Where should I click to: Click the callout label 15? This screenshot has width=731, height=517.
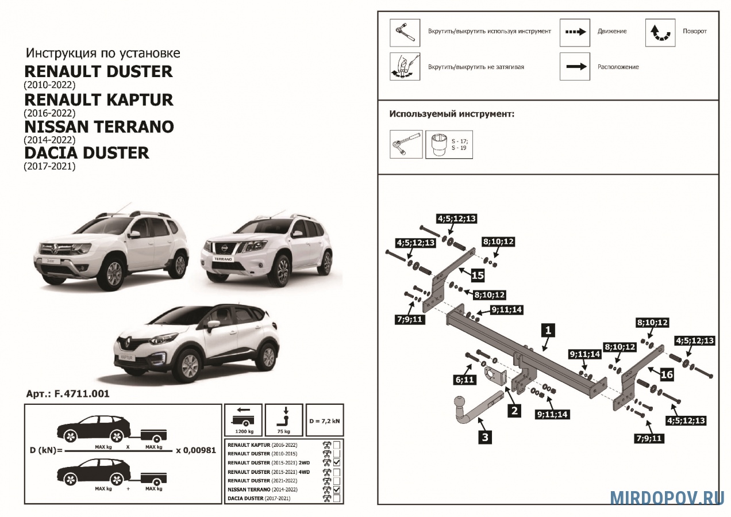[478, 275]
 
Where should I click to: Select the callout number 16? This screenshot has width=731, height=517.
[666, 374]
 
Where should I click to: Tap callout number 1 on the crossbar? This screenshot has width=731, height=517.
[548, 330]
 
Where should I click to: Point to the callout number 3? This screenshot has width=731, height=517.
[485, 437]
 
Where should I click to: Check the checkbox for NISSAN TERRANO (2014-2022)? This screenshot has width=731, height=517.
[337, 489]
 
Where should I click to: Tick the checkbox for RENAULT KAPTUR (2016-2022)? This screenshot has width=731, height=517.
[337, 445]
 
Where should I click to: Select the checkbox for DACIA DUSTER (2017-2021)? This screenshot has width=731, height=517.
[337, 498]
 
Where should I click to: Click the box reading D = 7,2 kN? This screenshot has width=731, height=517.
[325, 420]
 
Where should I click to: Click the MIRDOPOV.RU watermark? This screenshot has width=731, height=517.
[667, 498]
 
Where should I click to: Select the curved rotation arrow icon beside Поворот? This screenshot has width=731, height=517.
[660, 33]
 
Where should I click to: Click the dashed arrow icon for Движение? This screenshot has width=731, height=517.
[575, 32]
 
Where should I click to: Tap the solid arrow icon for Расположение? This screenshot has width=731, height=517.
[575, 67]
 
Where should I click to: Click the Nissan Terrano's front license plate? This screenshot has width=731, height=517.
[223, 259]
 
